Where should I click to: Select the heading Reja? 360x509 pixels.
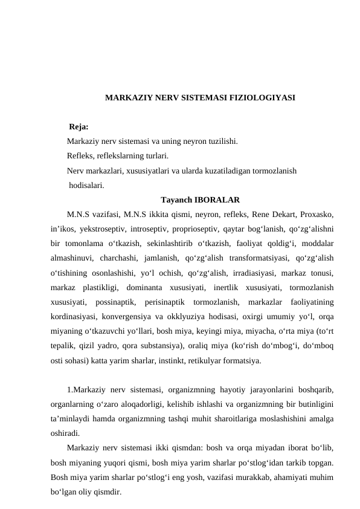79,127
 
